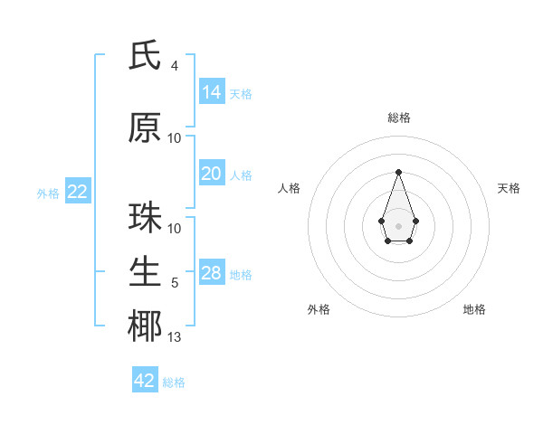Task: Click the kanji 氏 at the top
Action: coord(145,57)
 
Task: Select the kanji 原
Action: coord(145,128)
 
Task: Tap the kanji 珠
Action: coord(145,218)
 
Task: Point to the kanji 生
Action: coord(145,271)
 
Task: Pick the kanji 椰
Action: coord(145,326)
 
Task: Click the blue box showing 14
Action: coord(212,91)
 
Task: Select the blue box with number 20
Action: coord(212,174)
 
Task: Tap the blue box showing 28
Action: coord(212,273)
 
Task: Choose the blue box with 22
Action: coord(77,192)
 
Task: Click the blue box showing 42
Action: coord(145,381)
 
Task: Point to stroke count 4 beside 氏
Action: coord(175,65)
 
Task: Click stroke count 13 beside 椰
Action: coord(175,337)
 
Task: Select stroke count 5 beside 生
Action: coord(175,283)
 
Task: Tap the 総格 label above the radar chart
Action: coord(399,118)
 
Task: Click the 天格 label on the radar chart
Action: coord(509,188)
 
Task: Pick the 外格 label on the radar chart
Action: coord(319,309)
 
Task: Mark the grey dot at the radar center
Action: coord(398,224)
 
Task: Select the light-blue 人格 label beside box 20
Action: coord(241,175)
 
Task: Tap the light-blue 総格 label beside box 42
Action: coord(174,382)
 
